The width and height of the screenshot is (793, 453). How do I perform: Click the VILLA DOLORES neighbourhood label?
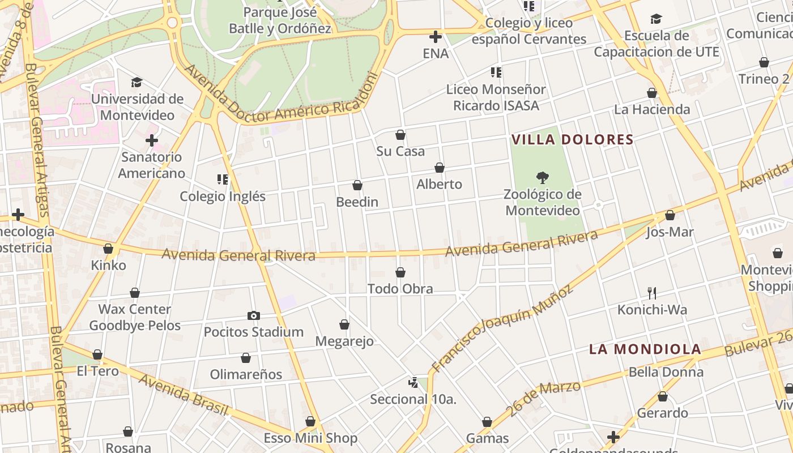572,139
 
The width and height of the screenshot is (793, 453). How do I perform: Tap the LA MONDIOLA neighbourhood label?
645,349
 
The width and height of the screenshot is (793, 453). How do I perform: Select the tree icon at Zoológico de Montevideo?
543,178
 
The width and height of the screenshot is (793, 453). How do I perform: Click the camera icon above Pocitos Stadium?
254,315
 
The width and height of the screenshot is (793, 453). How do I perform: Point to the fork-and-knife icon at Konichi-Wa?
652,293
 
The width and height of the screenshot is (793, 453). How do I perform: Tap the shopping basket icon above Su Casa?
400,135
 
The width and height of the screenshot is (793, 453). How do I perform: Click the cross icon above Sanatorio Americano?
152,140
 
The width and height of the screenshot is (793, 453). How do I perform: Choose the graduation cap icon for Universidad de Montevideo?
137,83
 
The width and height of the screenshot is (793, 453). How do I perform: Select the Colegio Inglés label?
223,196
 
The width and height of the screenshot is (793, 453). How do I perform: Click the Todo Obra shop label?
400,289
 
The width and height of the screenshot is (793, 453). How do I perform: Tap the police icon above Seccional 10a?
413,383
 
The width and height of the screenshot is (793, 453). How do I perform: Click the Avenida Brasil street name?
184,395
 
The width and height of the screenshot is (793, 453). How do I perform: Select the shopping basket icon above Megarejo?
344,324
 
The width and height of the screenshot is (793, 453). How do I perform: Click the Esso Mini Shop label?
310,438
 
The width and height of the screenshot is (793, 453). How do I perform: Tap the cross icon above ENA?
436,37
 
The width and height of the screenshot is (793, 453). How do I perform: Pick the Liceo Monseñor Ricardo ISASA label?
496,97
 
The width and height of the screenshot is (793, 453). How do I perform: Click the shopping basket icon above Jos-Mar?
670,215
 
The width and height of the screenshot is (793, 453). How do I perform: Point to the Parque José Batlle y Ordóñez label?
280,20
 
